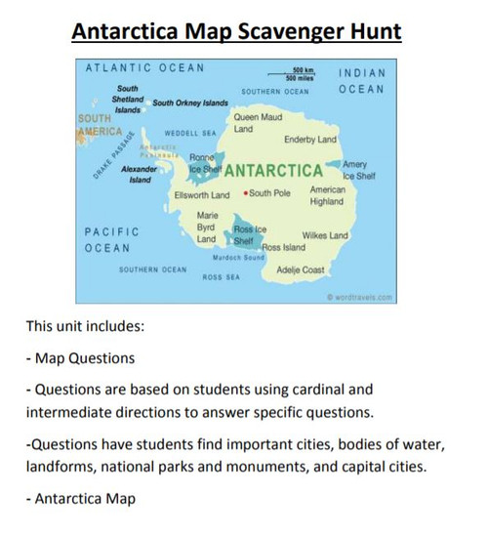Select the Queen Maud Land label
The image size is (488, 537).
tap(259, 123)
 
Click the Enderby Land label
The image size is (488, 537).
tap(310, 140)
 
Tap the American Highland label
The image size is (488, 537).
tap(327, 196)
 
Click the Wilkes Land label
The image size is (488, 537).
tap(325, 235)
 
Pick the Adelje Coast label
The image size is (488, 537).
tap(301, 268)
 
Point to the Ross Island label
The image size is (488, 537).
tap(283, 248)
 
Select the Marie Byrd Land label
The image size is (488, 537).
tap(207, 227)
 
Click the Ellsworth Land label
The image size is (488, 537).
tap(202, 194)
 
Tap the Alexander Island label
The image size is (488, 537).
tap(138, 174)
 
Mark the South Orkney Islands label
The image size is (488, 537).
tap(190, 103)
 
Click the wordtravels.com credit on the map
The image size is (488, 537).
tap(360, 297)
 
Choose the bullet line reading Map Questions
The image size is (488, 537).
tap(83, 357)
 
